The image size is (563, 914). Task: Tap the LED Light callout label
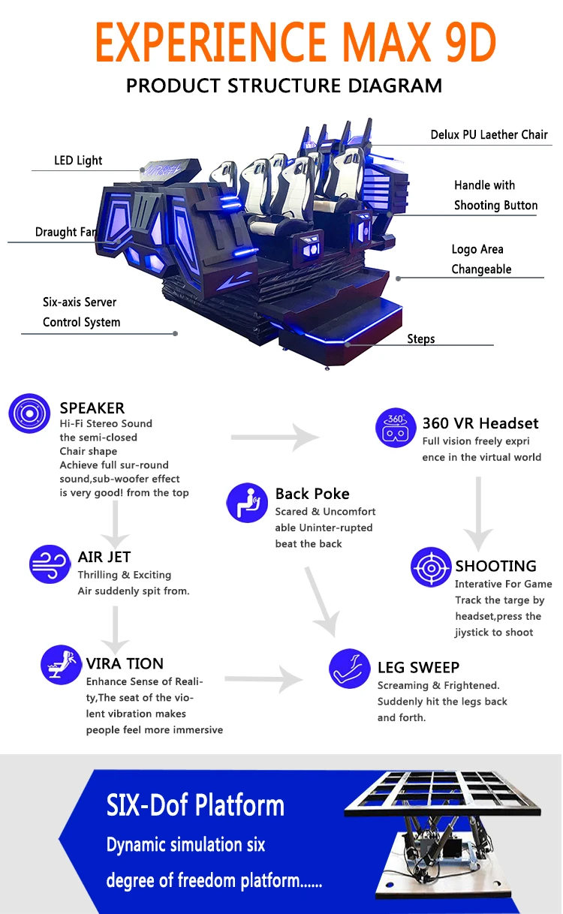78,161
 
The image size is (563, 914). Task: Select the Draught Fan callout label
66,232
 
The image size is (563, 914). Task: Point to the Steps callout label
421,338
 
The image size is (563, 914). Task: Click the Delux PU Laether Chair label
489,135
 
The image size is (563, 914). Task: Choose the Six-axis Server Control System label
81,312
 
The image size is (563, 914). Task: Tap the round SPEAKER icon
29,413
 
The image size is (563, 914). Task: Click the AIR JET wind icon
50,564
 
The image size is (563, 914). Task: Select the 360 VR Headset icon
396,428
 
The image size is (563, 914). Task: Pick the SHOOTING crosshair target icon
431,567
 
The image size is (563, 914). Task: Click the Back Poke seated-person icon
247,503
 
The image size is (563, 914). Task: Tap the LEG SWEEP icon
350,668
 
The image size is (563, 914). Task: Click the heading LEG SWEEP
418,668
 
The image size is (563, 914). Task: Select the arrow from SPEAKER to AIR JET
115,524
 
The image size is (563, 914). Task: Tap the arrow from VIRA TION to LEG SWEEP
263,679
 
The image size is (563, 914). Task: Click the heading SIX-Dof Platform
195,805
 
